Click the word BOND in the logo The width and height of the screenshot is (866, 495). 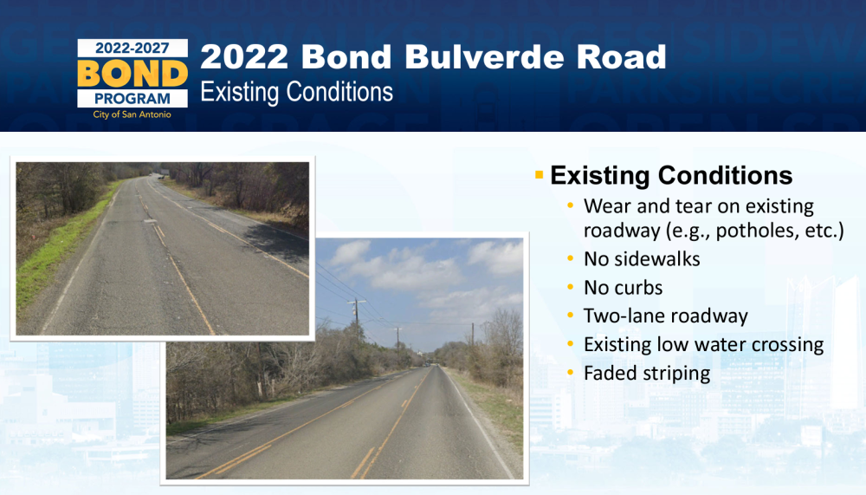(132, 74)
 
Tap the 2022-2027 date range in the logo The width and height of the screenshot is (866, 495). (132, 49)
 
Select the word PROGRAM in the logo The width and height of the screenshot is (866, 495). (132, 99)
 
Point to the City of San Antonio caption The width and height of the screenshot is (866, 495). (132, 114)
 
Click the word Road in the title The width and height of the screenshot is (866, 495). (622, 57)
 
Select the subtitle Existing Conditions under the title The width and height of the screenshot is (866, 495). (296, 93)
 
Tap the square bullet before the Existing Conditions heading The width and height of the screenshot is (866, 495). (540, 175)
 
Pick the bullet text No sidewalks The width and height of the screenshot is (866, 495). (642, 259)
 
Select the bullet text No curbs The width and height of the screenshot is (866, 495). (623, 288)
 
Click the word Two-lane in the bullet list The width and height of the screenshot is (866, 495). (621, 316)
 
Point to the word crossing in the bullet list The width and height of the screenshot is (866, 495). (787, 345)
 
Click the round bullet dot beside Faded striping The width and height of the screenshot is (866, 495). (571, 374)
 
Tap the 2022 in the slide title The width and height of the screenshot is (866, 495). (244, 57)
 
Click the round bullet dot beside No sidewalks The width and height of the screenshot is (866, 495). (571, 259)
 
